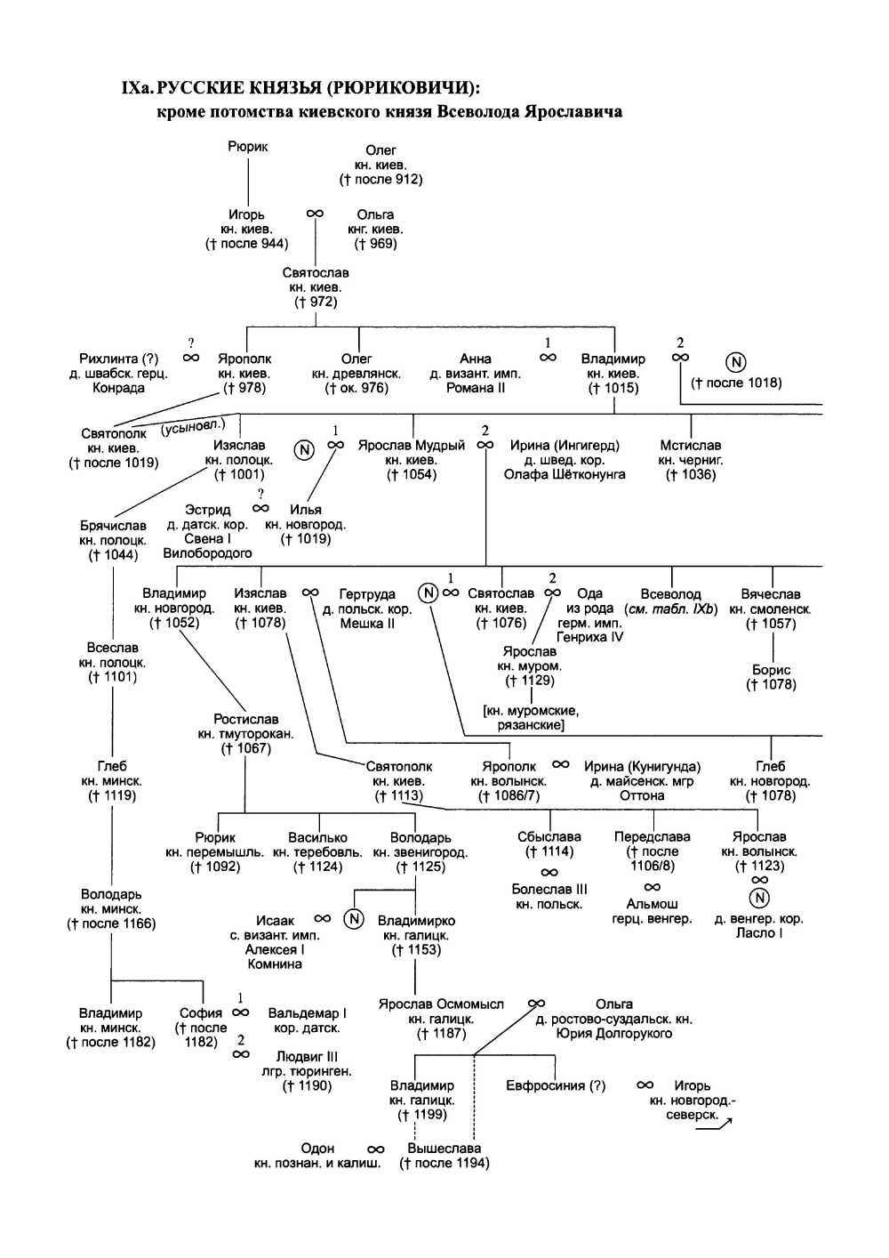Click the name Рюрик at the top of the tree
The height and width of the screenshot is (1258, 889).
[x=248, y=147]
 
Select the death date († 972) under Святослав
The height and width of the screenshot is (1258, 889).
[x=316, y=302]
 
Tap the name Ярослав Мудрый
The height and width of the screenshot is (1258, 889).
[x=412, y=445]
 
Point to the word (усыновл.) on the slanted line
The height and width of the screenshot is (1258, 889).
[x=193, y=429]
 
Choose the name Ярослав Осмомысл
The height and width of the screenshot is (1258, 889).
[x=441, y=1004]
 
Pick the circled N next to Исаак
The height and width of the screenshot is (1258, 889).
[x=354, y=919]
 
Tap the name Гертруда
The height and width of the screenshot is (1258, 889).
[x=367, y=594]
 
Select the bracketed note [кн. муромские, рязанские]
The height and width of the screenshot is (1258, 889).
[x=532, y=718]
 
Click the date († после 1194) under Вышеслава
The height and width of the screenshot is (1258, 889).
[x=444, y=1163]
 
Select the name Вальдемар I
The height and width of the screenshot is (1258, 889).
[x=308, y=1013]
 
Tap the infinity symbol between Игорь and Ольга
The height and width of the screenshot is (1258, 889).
[x=315, y=214]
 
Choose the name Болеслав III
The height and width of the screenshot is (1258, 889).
[x=549, y=889]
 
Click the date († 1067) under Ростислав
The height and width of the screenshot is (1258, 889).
[x=246, y=748]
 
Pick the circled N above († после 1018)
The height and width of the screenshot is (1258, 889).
[x=735, y=362]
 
